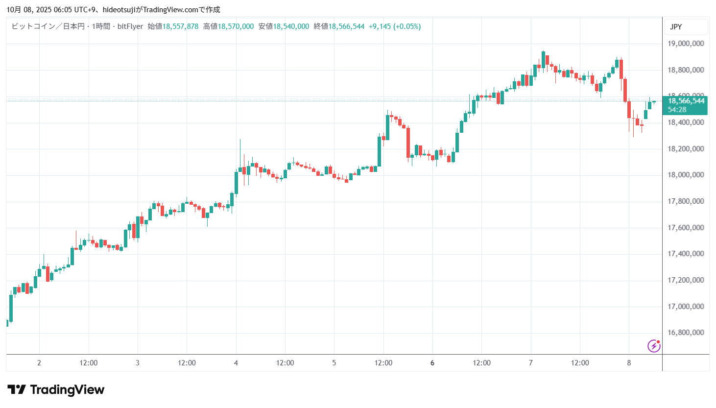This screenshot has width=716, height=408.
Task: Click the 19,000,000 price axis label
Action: pyautogui.click(x=686, y=44)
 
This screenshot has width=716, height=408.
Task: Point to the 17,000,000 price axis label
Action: pyautogui.click(x=686, y=307)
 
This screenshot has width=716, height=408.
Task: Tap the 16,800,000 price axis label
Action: pyautogui.click(x=686, y=333)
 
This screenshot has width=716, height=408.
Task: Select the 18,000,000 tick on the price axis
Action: pyautogui.click(x=686, y=175)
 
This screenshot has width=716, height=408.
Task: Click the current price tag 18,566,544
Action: pyautogui.click(x=686, y=101)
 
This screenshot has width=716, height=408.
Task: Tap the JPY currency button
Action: pyautogui.click(x=676, y=27)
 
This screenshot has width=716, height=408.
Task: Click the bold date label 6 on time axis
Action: pyautogui.click(x=432, y=363)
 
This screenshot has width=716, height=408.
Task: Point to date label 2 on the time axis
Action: pyautogui.click(x=39, y=363)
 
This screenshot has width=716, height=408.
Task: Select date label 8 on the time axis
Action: pyautogui.click(x=629, y=363)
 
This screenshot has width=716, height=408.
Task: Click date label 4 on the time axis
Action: pyautogui.click(x=236, y=363)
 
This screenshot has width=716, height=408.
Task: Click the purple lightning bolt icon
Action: pyautogui.click(x=654, y=346)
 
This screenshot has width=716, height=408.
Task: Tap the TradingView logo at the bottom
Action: pyautogui.click(x=56, y=390)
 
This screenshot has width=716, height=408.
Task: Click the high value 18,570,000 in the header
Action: pyautogui.click(x=236, y=26)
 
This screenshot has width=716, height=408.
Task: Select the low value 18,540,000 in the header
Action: pyautogui.click(x=291, y=26)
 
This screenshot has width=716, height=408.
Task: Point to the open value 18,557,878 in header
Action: pyautogui.click(x=180, y=26)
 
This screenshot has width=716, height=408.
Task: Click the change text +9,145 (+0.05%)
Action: pyautogui.click(x=395, y=26)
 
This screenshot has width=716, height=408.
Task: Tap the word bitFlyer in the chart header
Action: pyautogui.click(x=130, y=26)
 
